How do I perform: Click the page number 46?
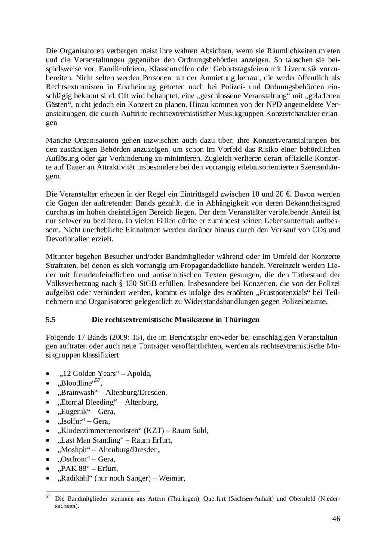click(336, 519)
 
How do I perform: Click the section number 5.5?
click(51, 320)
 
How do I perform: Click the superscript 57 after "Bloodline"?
click(98, 381)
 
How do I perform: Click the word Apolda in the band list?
click(139, 373)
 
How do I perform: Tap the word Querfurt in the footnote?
click(217, 499)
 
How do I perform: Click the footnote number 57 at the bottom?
click(48, 497)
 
